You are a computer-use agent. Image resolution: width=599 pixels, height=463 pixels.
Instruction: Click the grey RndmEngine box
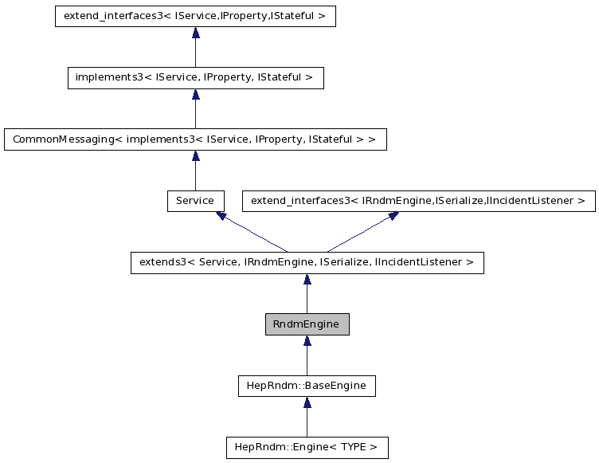[307, 324]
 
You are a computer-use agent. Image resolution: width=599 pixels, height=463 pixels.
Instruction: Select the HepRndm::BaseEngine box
[307, 386]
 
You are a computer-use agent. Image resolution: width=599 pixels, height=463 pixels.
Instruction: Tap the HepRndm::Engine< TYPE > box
[307, 447]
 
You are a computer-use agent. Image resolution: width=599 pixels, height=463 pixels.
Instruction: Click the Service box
[195, 201]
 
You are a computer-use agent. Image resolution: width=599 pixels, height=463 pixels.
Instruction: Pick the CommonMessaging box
[195, 139]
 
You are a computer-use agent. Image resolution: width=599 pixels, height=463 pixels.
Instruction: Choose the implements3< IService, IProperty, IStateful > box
[195, 78]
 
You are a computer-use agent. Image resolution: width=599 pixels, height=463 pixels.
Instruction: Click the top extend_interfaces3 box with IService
[195, 17]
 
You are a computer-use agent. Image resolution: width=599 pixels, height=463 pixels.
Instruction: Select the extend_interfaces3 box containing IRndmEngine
[418, 201]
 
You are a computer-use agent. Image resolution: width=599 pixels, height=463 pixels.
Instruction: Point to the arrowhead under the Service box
[221, 216]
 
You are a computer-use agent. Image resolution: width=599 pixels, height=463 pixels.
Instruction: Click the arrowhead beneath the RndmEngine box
[307, 341]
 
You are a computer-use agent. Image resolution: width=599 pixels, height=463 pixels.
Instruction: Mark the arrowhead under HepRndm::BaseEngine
[307, 402]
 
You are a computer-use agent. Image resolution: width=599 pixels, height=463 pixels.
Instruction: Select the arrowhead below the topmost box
[195, 33]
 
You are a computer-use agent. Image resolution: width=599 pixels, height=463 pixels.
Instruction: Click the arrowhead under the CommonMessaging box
[195, 156]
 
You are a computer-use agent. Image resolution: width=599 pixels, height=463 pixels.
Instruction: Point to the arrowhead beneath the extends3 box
[307, 280]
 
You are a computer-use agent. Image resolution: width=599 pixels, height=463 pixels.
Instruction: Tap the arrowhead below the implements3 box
[195, 95]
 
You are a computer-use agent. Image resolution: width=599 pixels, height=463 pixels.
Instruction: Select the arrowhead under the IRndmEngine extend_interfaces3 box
[393, 216]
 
